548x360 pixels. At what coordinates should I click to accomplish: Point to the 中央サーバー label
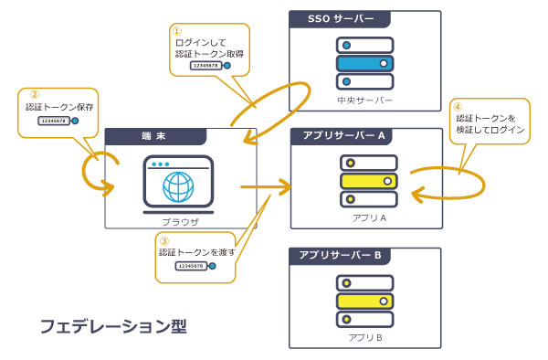(364, 100)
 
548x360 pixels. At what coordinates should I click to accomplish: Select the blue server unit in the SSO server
(364, 63)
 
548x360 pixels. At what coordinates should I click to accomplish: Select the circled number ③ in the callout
(164, 240)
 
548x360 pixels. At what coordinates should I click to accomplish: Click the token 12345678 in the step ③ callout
(192, 266)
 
